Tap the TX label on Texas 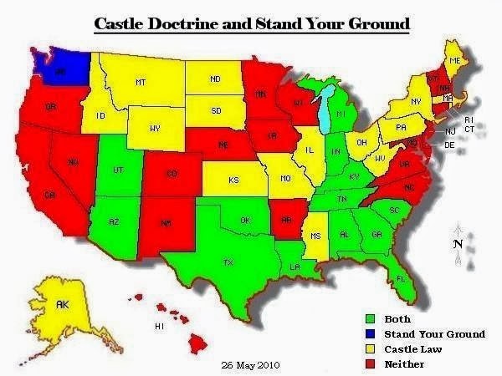point(228,262)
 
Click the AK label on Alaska point(62,306)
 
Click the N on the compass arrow point(457,244)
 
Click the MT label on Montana point(141,82)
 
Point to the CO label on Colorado point(172,174)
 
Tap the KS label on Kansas point(233,180)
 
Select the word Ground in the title point(378,23)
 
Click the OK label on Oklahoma point(245,221)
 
